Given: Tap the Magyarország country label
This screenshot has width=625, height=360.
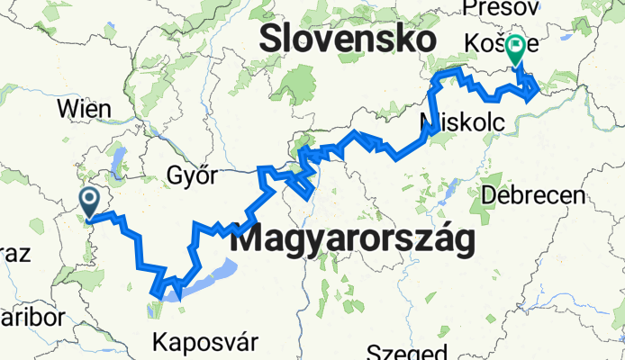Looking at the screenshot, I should click(352, 241).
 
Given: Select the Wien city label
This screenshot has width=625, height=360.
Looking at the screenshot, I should click(84, 109).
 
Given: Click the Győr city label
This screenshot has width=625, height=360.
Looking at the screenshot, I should click(192, 175).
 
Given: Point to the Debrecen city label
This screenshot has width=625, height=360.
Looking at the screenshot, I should click(533, 194).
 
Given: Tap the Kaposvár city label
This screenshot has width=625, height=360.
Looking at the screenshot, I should click(205, 342).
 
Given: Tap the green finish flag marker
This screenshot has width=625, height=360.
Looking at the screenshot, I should click(517, 49).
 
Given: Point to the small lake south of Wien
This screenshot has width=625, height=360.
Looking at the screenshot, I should click(117, 161).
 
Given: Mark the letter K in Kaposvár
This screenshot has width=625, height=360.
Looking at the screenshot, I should click(161, 342).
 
